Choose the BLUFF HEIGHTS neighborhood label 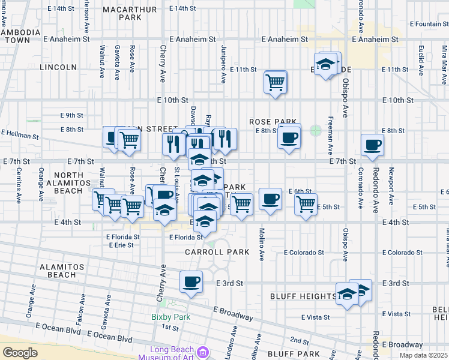pos(303,296)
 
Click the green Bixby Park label pos(165,316)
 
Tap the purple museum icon pos(203,352)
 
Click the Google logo pos(20,352)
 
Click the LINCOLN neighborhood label pos(58,67)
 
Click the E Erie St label pos(122,245)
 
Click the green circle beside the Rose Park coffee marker pos(315,130)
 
